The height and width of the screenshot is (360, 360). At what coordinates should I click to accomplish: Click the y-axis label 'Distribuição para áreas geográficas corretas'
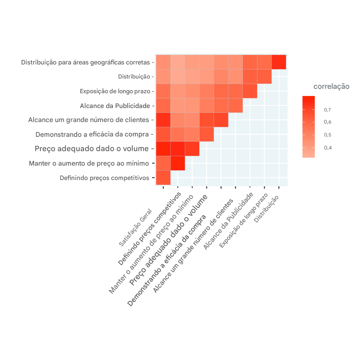(85, 62)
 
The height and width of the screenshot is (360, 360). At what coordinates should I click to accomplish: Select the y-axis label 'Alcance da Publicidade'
(115, 106)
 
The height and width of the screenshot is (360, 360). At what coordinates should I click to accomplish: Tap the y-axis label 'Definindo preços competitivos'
(104, 178)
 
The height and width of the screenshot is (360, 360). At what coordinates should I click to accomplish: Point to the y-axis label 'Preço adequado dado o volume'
(92, 149)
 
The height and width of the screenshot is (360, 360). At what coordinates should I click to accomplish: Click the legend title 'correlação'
(331, 86)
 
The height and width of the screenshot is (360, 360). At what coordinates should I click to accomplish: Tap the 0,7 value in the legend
(327, 110)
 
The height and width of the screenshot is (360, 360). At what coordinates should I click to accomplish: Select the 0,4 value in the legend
(327, 148)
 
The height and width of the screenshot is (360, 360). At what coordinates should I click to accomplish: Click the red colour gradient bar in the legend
(309, 127)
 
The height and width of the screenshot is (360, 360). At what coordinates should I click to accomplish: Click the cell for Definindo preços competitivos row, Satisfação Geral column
(164, 178)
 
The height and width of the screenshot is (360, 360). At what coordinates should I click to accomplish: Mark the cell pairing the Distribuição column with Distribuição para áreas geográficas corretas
(279, 62)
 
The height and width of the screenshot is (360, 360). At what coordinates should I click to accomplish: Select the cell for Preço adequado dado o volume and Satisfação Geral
(164, 149)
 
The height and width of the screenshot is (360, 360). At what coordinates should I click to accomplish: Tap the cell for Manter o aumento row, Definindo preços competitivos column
(178, 163)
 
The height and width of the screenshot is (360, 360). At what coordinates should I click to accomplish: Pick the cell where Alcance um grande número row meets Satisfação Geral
(164, 120)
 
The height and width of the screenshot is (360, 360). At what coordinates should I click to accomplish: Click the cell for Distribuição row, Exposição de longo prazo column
(264, 77)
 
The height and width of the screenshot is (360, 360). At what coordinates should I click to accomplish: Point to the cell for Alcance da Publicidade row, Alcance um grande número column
(236, 106)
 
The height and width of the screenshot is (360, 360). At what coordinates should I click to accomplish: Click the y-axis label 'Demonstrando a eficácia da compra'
(92, 134)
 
